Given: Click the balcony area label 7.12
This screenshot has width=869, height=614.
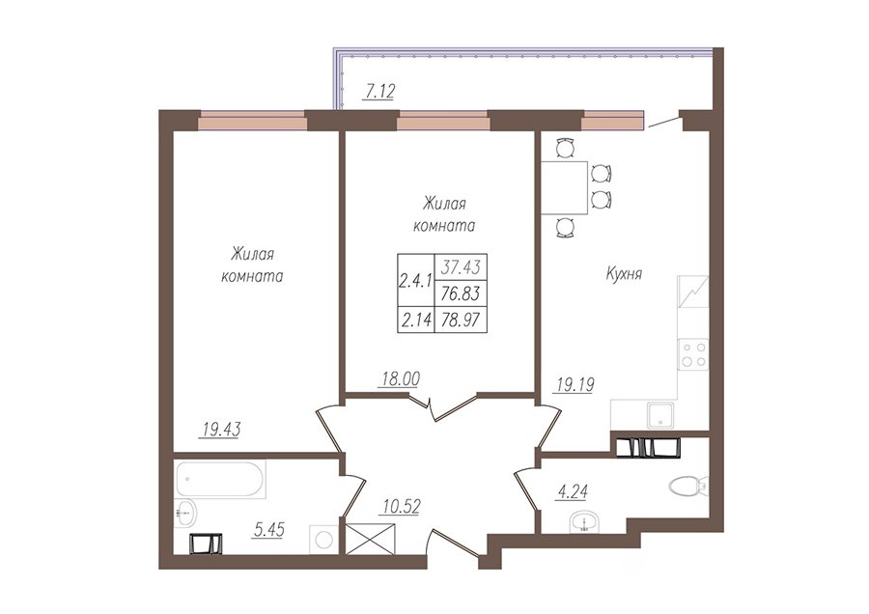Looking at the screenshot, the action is point(378,90).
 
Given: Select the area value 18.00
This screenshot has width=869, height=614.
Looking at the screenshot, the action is point(400,378).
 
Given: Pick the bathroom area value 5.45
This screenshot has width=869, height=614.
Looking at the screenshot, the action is point(268,530).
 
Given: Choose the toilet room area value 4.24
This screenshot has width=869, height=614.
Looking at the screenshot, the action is point(572,491).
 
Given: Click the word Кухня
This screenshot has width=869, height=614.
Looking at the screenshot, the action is point(624,274).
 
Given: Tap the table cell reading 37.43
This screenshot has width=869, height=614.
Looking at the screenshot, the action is point(461,267).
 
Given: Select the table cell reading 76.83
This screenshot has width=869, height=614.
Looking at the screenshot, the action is point(461,293).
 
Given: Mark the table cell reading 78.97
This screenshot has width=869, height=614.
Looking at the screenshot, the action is point(461,320).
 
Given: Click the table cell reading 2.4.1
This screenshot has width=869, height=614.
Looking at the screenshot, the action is point(415,281).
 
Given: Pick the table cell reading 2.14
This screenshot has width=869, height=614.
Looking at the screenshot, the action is point(415,320).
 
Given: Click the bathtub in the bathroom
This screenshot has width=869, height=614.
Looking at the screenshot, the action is point(221,478).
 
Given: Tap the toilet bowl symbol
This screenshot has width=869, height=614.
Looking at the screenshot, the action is point(688,486).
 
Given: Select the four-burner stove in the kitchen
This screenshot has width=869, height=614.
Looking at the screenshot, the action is point(692,354).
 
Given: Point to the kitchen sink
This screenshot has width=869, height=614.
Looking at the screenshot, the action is point(661,416).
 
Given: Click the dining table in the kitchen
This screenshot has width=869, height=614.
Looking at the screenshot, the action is point(564,187).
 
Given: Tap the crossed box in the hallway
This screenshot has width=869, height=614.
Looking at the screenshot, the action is point(370,540).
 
